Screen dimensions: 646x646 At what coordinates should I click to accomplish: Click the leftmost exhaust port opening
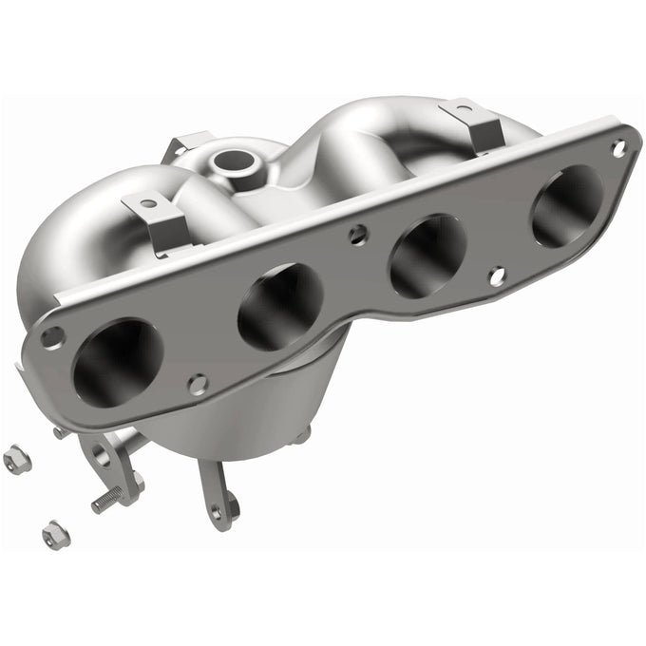pos(117,362)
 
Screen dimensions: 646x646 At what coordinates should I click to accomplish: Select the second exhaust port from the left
pos(280,306)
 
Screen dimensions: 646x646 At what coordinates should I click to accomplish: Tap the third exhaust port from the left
pos(427,255)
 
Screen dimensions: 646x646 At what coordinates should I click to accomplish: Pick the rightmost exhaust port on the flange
pos(566,206)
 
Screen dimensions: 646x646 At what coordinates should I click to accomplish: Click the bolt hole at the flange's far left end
pos(52,335)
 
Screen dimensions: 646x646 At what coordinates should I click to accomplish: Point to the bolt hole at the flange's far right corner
pos(618,148)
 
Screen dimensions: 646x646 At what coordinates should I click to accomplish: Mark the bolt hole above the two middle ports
pos(357,232)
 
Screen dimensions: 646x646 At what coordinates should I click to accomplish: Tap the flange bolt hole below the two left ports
pos(198,384)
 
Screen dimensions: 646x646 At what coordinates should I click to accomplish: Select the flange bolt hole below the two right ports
pos(496,275)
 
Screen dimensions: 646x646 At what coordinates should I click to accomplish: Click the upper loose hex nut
pos(16,460)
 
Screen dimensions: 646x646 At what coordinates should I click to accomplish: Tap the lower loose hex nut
pos(55,534)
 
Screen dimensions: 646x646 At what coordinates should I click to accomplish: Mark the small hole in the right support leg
pos(217,511)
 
